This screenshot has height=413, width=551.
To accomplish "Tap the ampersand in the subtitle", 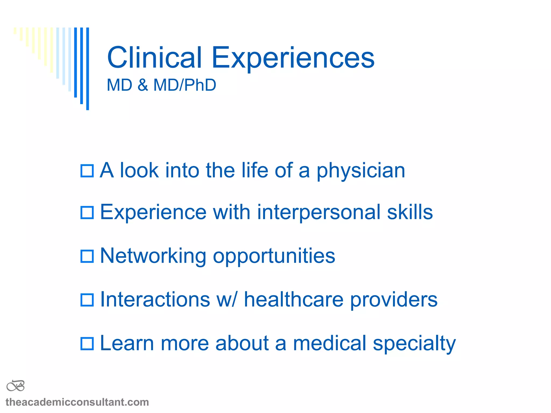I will point(143,85).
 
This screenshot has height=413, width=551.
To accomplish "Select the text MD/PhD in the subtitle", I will point(185,85).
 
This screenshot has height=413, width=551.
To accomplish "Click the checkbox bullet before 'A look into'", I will point(87,171).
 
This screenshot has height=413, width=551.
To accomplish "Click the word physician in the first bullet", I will point(361,171).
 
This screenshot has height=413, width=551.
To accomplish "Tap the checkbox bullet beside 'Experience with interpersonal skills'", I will point(87,213).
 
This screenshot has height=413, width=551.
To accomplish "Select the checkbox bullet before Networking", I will point(87,256).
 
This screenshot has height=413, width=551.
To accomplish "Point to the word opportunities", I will point(274,256).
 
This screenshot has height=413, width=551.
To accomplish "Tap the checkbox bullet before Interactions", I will point(87,300).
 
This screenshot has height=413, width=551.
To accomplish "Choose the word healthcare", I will point(294,300).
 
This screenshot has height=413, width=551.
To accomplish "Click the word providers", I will point(394,300).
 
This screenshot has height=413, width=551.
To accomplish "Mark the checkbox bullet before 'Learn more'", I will point(87,344).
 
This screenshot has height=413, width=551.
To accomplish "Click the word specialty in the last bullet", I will point(414,344).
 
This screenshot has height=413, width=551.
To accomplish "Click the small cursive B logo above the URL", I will point(16,386).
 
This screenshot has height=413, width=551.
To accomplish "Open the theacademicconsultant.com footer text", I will point(77,402).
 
